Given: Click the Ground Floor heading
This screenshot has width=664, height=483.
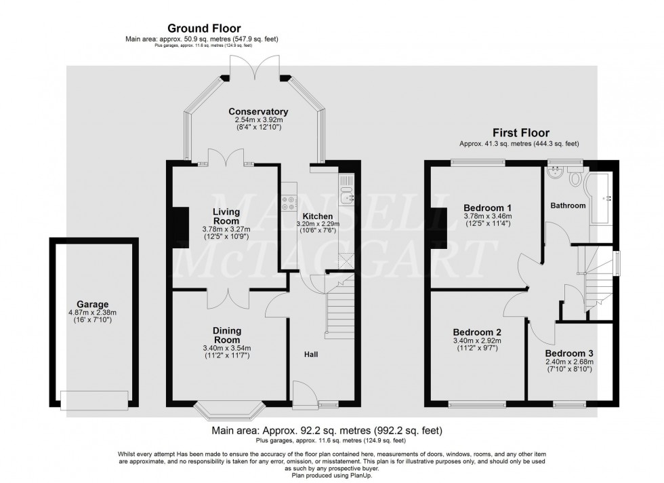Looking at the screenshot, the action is [x=204, y=28].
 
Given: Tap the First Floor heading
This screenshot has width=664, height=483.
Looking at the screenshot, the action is [x=520, y=133].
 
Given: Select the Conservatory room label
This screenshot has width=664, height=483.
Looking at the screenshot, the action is [x=258, y=111].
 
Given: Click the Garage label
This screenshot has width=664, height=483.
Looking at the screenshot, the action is [x=92, y=304].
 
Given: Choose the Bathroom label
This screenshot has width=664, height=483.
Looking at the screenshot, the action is [x=568, y=206].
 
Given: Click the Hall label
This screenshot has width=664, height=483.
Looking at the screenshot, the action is [x=311, y=354].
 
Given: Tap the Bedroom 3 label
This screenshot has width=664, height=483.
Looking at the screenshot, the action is [x=568, y=353].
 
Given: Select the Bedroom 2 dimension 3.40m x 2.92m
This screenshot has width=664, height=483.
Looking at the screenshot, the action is [x=477, y=341].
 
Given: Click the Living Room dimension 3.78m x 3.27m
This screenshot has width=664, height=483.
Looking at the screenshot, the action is [x=226, y=229].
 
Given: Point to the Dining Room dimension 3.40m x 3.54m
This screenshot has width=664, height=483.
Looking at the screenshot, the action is [x=226, y=348].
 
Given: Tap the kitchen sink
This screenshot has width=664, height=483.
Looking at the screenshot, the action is [x=346, y=195].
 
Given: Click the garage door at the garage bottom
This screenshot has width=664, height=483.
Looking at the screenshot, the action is [x=94, y=400].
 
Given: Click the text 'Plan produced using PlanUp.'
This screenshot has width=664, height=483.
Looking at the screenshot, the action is [x=331, y=476].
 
